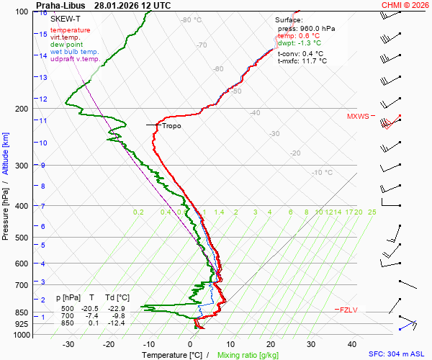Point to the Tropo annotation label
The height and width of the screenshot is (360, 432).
point(171,125)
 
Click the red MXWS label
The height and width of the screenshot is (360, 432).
point(358,116)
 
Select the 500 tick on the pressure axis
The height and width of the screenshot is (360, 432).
point(23,238)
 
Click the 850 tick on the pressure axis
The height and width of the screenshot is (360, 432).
point(23,313)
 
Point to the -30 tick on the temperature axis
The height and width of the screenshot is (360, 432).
point(68,344)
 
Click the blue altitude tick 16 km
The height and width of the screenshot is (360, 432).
point(43,13)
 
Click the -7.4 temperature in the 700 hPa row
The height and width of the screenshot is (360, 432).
point(92,316)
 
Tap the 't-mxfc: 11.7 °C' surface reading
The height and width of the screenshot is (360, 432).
point(302,61)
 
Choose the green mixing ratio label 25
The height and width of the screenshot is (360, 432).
point(372,212)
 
